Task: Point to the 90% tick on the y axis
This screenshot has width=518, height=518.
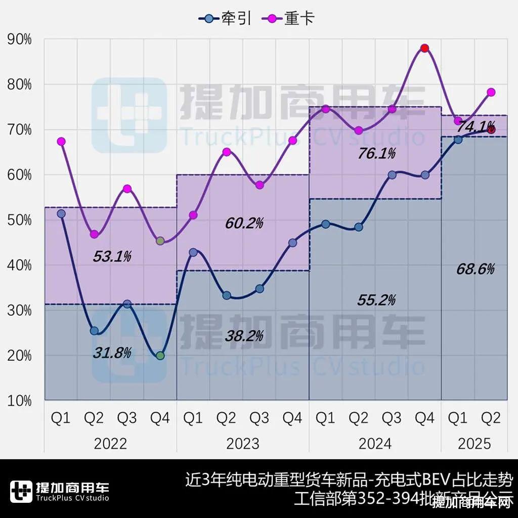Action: point(19,39)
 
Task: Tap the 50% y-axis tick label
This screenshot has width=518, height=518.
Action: point(19,220)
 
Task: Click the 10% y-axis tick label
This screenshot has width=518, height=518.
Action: point(19,401)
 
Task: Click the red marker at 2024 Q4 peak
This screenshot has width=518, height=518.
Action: point(425,48)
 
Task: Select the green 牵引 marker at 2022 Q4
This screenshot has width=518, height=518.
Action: point(160,356)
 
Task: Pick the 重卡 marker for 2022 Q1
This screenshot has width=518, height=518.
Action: point(61,142)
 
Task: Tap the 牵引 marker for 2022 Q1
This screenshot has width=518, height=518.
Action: point(61,213)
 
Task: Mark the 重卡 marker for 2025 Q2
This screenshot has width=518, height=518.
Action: point(491,92)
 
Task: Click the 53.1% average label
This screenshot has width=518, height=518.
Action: point(112,256)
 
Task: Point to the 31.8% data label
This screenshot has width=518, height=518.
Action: point(112,352)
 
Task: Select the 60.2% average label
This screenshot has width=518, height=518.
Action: point(244,223)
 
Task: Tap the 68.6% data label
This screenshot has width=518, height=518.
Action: point(476,269)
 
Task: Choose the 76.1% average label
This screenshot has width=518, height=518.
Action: point(377,153)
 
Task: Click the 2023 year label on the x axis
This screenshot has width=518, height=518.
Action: point(243,444)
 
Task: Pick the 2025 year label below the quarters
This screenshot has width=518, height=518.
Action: point(474,444)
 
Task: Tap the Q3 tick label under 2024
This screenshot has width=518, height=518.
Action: point(392,418)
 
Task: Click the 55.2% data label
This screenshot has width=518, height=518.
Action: point(377,300)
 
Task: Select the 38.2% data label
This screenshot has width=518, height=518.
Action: point(244,335)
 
